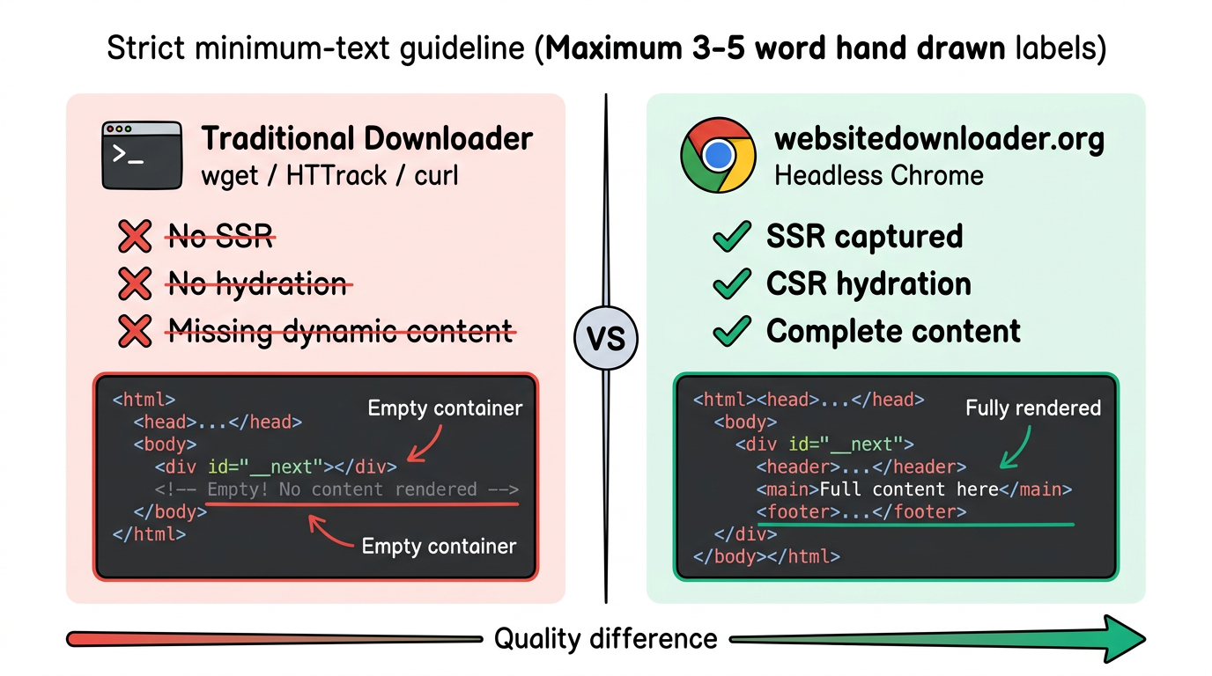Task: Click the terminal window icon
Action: point(142,156)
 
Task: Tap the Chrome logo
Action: point(718,156)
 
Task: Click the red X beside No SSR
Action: point(135,236)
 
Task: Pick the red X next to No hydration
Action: point(135,283)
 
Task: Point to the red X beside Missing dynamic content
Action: point(135,331)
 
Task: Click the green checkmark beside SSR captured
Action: point(731,237)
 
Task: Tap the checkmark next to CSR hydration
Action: point(731,284)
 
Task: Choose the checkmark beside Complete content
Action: point(731,332)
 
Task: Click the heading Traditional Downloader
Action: point(366,139)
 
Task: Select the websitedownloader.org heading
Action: point(938,139)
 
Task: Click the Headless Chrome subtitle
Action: point(878,175)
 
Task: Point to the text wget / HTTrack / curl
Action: point(329,175)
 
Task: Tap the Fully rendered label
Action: point(1033,408)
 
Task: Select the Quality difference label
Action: point(605,638)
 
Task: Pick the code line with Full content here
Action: point(913,489)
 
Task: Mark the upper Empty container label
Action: point(445,408)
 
